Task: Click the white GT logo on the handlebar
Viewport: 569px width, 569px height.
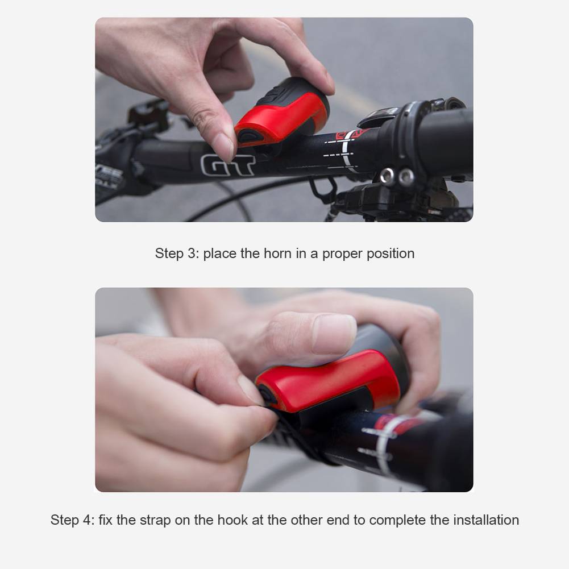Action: (228, 165)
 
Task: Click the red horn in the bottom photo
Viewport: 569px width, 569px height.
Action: (329, 381)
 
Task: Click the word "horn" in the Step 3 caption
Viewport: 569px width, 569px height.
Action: (277, 254)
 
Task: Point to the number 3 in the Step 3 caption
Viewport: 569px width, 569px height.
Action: (192, 254)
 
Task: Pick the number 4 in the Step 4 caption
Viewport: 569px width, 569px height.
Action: (87, 520)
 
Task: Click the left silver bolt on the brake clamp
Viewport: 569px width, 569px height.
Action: (388, 176)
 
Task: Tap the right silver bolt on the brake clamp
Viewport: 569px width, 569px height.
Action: (406, 177)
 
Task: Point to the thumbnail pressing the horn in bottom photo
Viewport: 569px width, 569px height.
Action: (334, 334)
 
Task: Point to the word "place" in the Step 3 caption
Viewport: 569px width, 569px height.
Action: (220, 254)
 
